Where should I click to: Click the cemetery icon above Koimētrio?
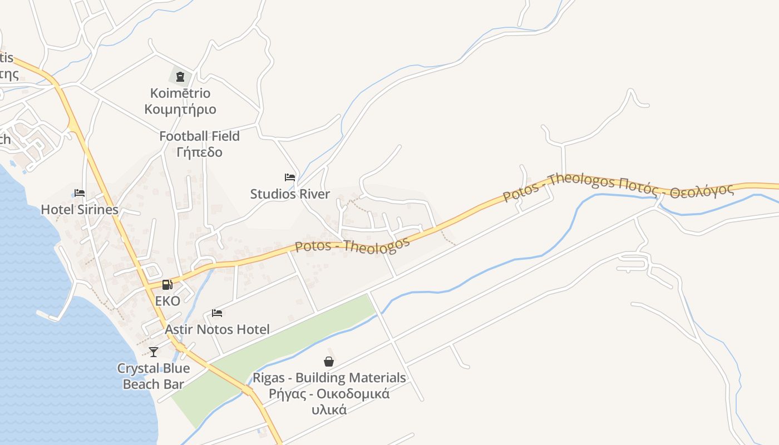[180, 77]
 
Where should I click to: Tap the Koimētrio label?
[180, 93]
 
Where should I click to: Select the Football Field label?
[199, 136]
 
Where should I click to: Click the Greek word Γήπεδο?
[199, 152]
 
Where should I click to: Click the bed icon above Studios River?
[290, 177]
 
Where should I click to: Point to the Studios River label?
[290, 194]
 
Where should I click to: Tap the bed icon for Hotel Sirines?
[80, 193]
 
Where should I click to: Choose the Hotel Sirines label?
[80, 210]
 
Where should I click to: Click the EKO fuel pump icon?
[166, 285]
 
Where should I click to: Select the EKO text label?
[167, 301]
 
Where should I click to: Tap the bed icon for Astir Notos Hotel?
[217, 313]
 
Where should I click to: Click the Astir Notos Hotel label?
[217, 329]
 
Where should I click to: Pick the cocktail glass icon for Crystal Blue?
[154, 352]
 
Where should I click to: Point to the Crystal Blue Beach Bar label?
[154, 376]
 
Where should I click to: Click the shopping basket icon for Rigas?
[329, 362]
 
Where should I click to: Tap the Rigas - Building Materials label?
[329, 378]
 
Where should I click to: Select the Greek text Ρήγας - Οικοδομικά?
[329, 394]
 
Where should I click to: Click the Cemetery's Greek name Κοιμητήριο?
[180, 109]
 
